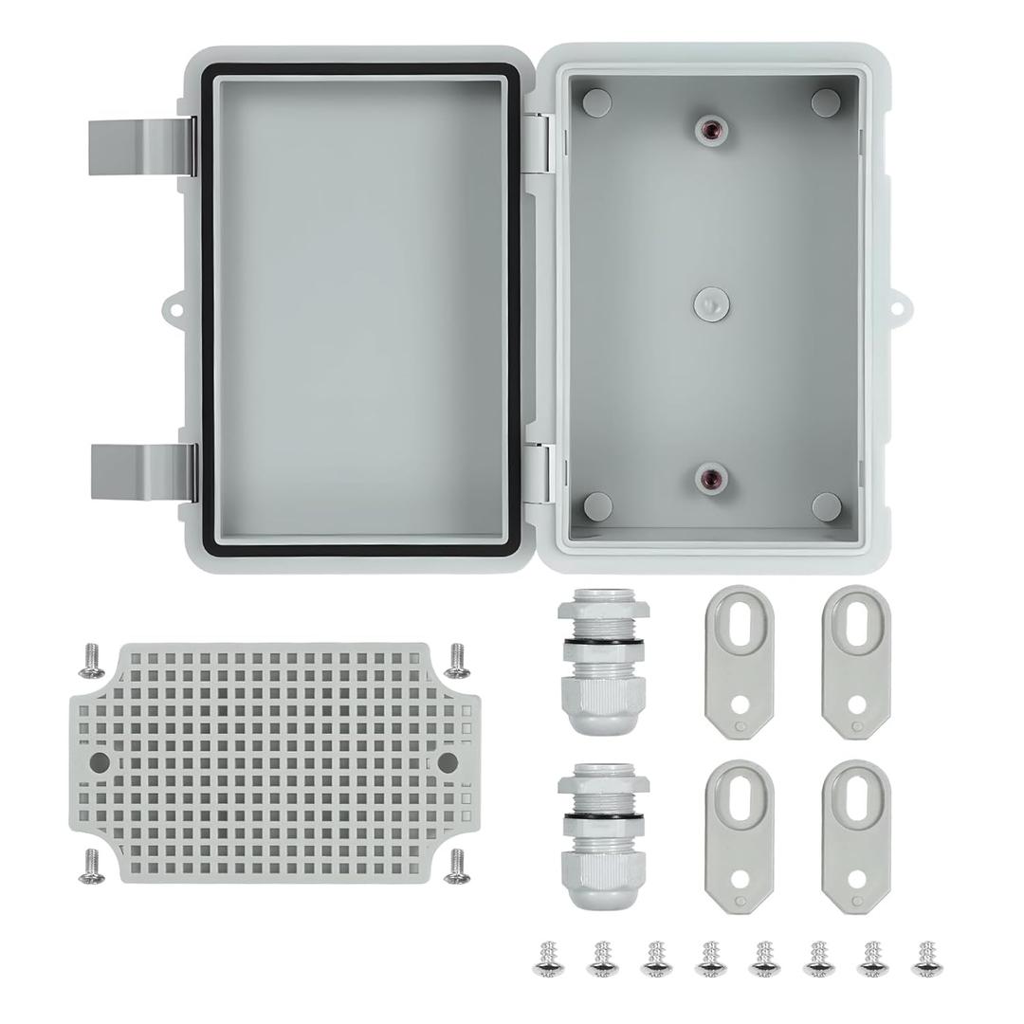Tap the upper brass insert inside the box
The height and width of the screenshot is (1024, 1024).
click(709, 132)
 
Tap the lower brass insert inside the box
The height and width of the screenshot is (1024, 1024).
click(709, 476)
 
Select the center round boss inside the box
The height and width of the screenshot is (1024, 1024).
click(709, 303)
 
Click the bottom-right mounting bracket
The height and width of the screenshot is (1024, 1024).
click(855, 835)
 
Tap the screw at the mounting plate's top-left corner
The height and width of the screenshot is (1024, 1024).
click(92, 661)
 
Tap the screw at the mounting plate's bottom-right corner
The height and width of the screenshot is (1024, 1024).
click(458, 864)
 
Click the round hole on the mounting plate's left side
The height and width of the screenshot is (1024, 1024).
click(100, 761)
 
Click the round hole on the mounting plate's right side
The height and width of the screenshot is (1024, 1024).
click(448, 761)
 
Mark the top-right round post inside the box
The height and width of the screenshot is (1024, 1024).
click(826, 101)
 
